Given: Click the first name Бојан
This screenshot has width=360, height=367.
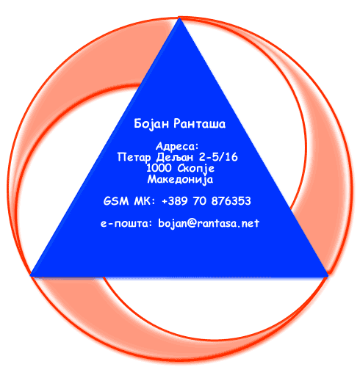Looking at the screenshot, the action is coord(151,124).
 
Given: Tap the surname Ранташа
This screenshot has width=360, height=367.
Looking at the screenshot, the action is coord(200,123).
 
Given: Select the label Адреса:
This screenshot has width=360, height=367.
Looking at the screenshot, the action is coord(177,146).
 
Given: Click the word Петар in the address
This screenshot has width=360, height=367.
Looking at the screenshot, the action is coord(134,157).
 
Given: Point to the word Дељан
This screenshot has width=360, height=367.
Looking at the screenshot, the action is coord(175,157).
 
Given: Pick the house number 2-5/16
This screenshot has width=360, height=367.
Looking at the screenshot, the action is coord(218,157).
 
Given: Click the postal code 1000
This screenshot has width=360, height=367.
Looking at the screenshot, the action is coord(159,168).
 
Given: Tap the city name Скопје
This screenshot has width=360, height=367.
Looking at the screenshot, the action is coord(196,169).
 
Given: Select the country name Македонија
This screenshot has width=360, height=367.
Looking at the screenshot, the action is coord(180,180).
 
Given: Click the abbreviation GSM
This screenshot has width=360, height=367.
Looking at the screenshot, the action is coord(116,201).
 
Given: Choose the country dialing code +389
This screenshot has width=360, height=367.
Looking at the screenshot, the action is coord(175,201).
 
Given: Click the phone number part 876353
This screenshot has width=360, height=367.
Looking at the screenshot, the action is coord(231,201).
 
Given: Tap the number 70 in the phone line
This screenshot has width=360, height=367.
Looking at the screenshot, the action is coord(200,201).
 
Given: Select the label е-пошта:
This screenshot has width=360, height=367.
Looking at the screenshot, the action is coord(126,223).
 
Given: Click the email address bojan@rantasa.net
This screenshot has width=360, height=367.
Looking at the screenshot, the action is coord(209,223).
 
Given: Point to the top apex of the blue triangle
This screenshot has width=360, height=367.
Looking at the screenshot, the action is coord(179,18).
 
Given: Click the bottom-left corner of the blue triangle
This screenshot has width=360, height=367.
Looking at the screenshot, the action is coord(30,276).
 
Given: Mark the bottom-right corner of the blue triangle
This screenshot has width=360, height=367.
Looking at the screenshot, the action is coord(328,277).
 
